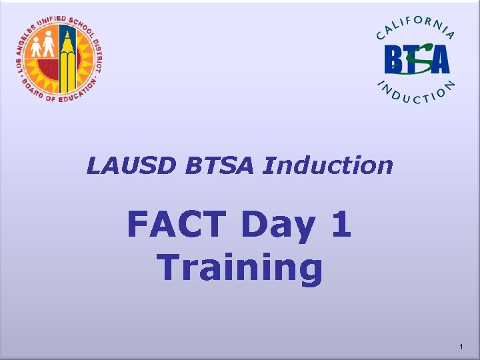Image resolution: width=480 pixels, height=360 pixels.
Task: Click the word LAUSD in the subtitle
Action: click(124, 165)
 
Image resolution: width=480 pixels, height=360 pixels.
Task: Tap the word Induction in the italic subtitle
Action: click(328, 165)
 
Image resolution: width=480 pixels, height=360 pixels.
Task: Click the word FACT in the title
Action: click(178, 225)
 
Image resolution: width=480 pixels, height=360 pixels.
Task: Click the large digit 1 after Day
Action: click(339, 225)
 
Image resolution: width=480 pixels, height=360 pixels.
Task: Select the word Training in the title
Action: click(240, 268)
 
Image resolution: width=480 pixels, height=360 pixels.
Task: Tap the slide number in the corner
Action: click(461, 347)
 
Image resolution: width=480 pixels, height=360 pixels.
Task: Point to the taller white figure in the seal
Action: click(47, 46)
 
